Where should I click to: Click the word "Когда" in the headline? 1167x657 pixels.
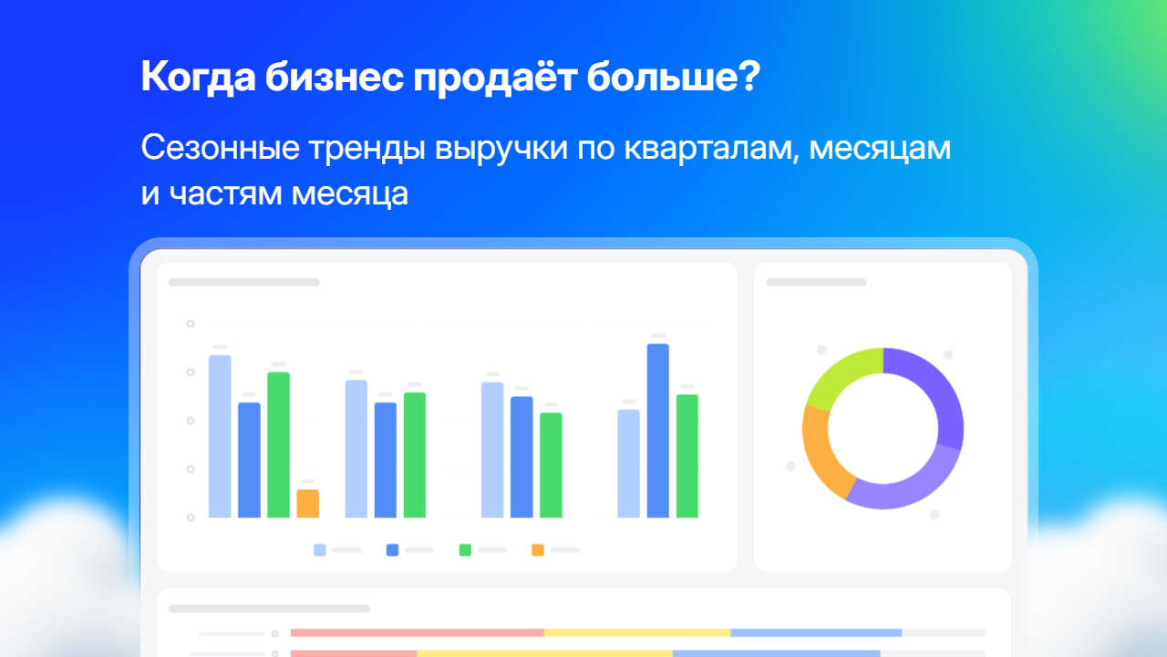tap(198, 78)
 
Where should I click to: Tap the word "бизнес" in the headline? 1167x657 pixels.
tap(334, 78)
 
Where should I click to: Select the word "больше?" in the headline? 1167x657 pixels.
tap(674, 76)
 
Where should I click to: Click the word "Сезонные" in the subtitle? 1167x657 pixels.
tap(221, 148)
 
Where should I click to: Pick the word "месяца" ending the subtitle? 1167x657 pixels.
tap(349, 195)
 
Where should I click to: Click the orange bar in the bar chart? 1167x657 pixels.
tap(308, 504)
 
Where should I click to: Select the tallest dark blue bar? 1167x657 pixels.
tap(658, 431)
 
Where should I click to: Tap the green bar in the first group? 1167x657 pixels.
tap(278, 444)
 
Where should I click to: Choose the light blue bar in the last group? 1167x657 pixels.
tap(629, 464)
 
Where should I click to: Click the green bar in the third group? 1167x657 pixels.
tap(551, 465)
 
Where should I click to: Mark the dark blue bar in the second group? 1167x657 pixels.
tap(386, 460)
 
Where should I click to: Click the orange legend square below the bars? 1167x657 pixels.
tap(538, 549)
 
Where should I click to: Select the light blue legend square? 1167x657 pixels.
tap(320, 549)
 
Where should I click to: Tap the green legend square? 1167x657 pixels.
tap(465, 549)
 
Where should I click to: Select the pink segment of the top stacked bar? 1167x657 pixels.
tap(418, 633)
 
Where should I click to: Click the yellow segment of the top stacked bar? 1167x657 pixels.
tap(637, 633)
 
